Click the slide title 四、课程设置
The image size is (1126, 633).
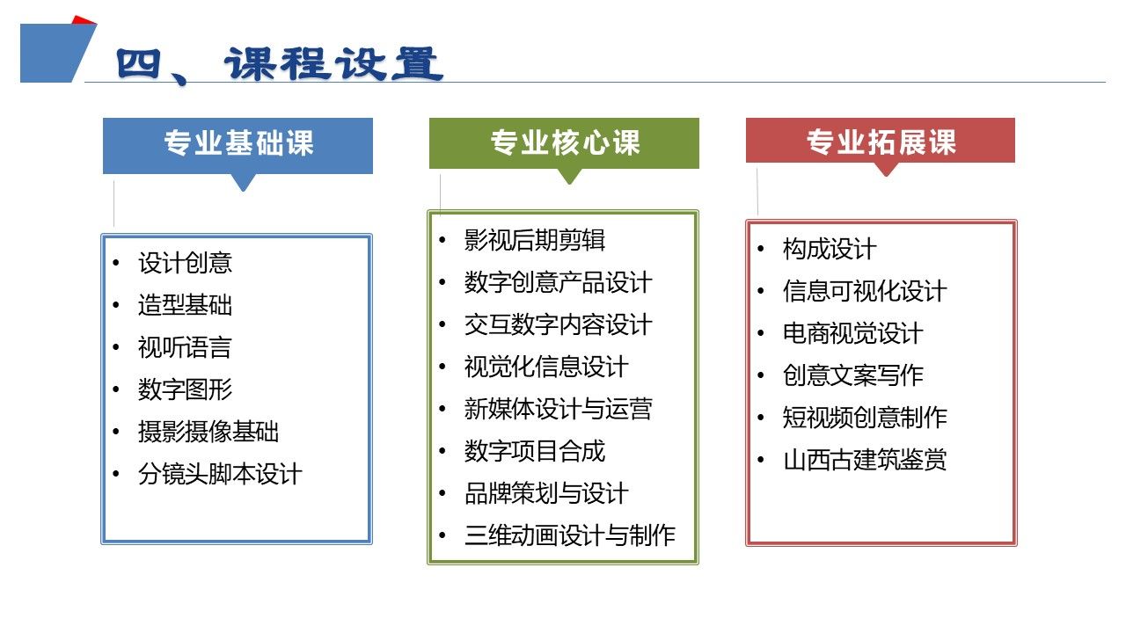tap(280, 65)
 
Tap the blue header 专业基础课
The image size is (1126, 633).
tap(238, 142)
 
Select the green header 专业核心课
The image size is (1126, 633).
tap(565, 142)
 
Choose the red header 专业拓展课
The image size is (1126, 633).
tap(881, 142)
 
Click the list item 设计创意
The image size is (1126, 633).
tap(185, 263)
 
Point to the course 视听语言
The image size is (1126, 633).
tap(185, 347)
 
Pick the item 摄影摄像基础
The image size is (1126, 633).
tap(208, 432)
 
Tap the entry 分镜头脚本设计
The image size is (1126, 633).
tap(220, 474)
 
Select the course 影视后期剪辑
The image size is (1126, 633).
tap(534, 240)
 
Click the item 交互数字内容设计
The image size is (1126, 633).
tap(558, 324)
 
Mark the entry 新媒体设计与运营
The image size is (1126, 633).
tap(558, 409)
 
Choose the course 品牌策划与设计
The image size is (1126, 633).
tap(546, 493)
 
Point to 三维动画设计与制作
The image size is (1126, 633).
tap(570, 535)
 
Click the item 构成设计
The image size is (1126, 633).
tap(830, 249)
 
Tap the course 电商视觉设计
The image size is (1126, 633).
tap(853, 333)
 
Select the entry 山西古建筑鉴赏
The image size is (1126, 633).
tap(865, 460)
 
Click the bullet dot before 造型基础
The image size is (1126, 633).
tap(116, 305)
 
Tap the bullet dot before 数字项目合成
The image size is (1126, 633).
tap(442, 451)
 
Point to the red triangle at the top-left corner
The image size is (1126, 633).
tap(84, 20)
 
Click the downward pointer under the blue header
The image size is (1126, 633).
tap(244, 182)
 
